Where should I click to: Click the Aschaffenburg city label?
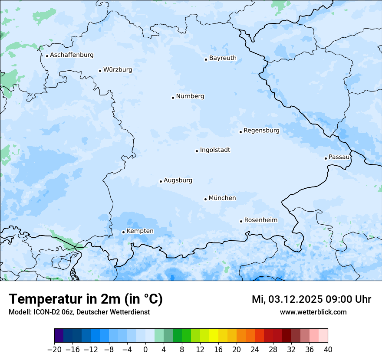click(x=72, y=55)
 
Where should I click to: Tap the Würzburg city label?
click(x=118, y=70)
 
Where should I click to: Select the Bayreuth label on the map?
click(x=223, y=58)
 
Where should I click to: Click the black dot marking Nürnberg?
click(x=173, y=98)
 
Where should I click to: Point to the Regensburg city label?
click(x=261, y=131)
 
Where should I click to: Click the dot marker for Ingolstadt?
click(x=197, y=151)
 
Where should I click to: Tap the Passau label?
click(x=339, y=157)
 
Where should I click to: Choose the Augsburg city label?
click(x=178, y=180)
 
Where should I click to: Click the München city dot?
click(x=205, y=199)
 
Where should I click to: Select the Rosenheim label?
click(x=260, y=220)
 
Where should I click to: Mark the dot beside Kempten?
click(x=123, y=232)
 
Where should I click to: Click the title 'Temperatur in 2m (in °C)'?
click(x=86, y=299)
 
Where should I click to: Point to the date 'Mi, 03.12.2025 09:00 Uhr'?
click(x=311, y=299)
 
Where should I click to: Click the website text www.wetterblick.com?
click(x=313, y=312)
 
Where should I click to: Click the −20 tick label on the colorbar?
click(x=54, y=350)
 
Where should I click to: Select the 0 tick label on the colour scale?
click(x=145, y=350)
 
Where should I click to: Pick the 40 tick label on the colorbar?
click(x=328, y=350)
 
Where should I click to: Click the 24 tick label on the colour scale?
click(x=255, y=350)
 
